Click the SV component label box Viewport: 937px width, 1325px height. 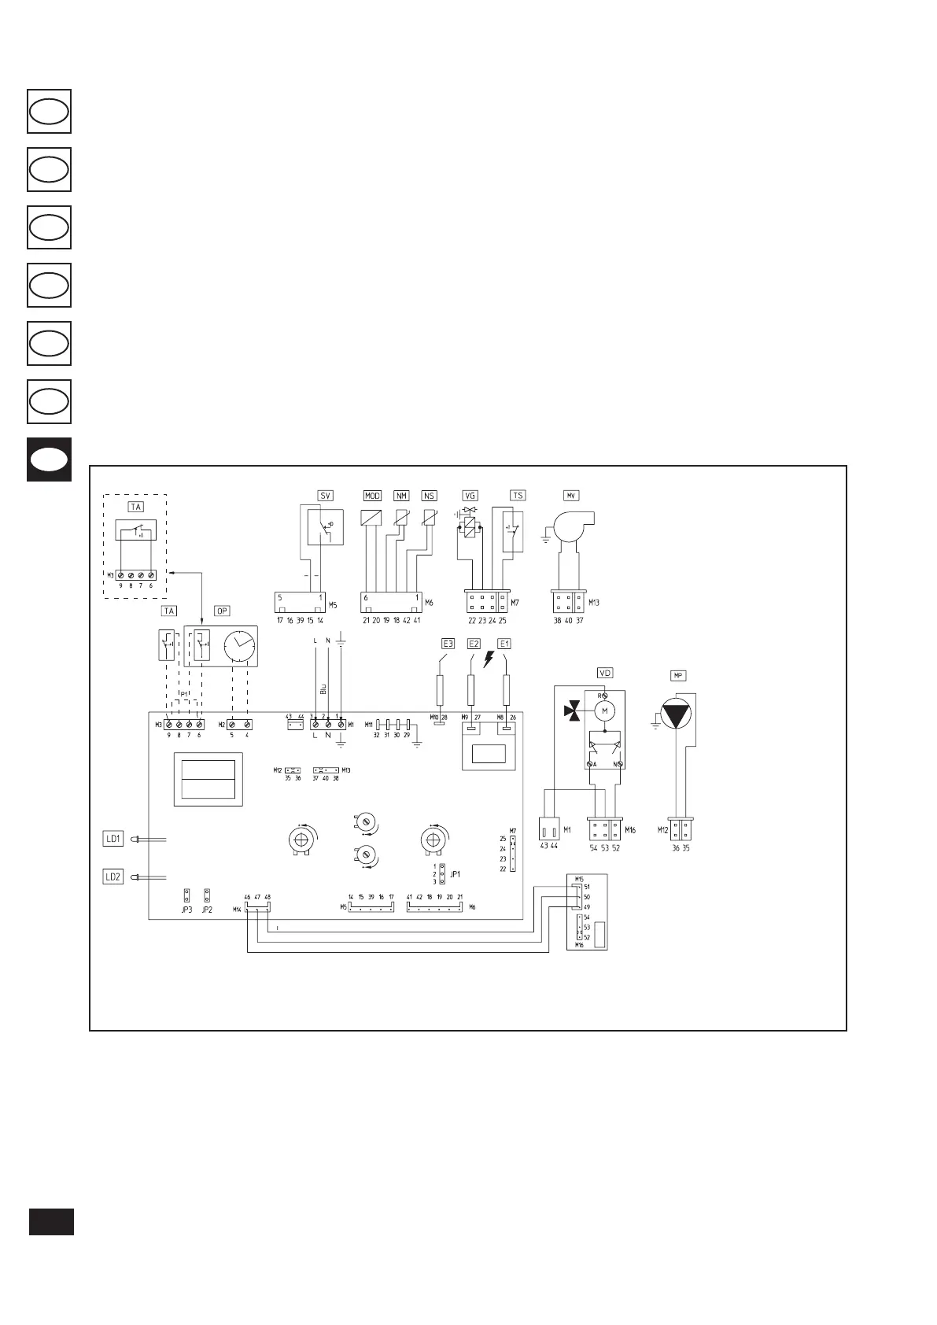pos(325,496)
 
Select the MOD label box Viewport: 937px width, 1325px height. pos(372,496)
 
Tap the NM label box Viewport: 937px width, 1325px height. pos(402,496)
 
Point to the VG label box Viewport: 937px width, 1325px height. pos(470,496)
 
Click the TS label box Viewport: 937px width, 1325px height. pos(518,496)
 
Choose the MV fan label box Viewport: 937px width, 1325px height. pos(571,496)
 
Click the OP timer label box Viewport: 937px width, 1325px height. pos(223,611)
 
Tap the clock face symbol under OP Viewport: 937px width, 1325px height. pos(239,647)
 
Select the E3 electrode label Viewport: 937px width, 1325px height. pos(447,644)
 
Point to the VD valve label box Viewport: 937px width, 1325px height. pos(605,673)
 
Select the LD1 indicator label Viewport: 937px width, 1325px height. pos(113,839)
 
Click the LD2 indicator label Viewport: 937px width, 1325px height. pos(113,877)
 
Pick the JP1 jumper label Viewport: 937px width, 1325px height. pos(455,873)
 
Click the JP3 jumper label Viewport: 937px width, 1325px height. pos(186,910)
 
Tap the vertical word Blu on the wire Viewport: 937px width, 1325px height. pos(323,688)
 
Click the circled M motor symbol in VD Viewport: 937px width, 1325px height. pos(605,711)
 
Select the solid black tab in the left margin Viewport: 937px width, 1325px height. pos(50,460)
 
